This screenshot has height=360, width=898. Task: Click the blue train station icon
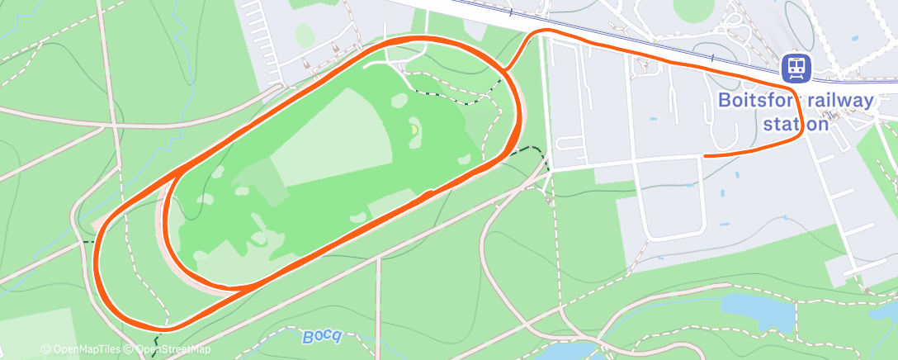click(796, 67)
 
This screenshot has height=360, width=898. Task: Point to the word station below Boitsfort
click(795, 124)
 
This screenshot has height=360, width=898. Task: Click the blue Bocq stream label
click(321, 336)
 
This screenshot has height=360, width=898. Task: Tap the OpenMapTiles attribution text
click(80, 350)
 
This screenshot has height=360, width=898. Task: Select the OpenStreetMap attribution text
click(173, 350)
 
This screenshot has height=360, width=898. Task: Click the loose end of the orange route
click(706, 154)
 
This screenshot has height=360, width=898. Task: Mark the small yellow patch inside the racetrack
click(414, 130)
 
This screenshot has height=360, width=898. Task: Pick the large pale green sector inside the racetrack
click(330, 140)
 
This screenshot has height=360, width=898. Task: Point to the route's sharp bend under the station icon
click(798, 132)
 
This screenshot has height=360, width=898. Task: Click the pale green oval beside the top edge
click(305, 35)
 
